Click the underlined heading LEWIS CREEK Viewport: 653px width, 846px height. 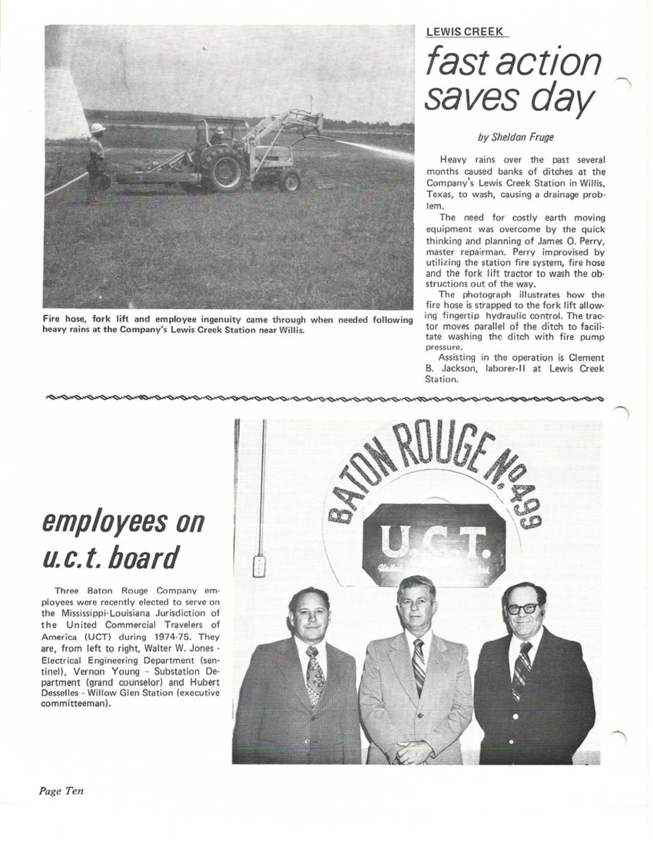[x=464, y=32]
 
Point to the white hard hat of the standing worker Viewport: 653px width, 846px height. [x=98, y=128]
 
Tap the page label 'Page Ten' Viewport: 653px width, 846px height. [x=61, y=791]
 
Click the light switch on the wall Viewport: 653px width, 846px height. [x=259, y=565]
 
